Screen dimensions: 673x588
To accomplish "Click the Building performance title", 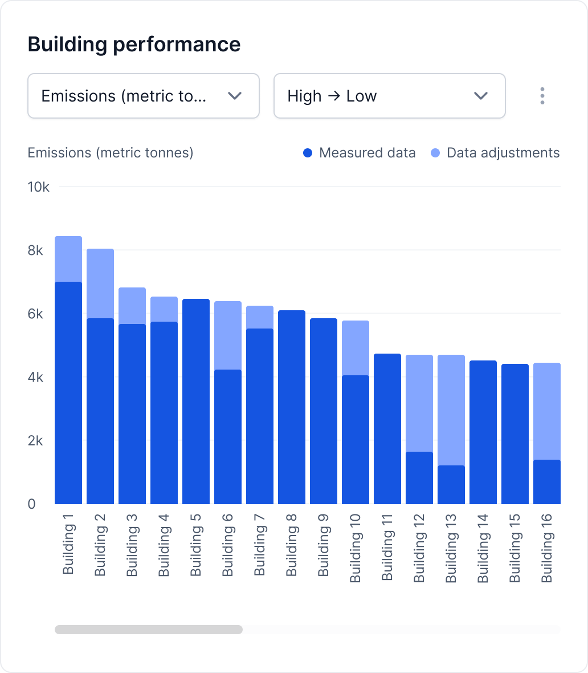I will [x=134, y=44].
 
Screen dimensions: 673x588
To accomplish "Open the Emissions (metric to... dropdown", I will [x=143, y=96].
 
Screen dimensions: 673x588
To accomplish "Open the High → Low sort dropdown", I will [x=389, y=96].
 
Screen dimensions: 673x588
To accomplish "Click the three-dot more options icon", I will [x=542, y=96].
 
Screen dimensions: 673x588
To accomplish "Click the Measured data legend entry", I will [x=360, y=153].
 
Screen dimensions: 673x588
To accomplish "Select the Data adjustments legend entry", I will [x=496, y=153].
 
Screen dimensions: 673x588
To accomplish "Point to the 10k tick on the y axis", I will [x=39, y=187].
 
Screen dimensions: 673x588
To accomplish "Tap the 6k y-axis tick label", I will [x=35, y=314].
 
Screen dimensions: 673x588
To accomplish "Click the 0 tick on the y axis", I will [x=31, y=504].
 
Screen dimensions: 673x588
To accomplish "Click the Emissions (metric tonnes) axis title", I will [x=111, y=153].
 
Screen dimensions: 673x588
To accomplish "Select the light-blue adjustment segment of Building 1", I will [x=68, y=259].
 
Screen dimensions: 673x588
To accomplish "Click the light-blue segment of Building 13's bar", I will [x=451, y=410].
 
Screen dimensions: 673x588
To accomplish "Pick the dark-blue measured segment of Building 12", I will [x=419, y=478].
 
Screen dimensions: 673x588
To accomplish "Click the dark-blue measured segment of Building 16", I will [x=547, y=482].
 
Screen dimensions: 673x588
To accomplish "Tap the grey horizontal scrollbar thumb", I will [x=148, y=630].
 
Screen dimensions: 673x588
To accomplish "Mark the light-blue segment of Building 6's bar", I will [x=228, y=335].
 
